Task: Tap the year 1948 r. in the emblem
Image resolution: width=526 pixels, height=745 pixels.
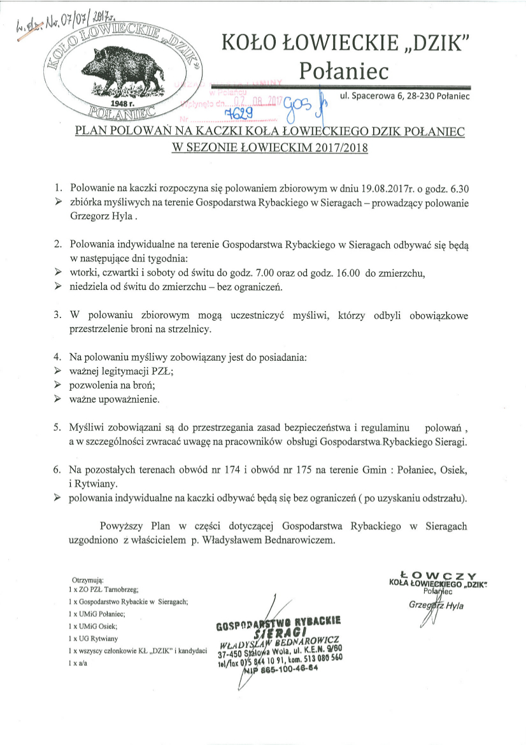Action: tap(120, 102)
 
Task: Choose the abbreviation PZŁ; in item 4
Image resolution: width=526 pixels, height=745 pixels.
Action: tap(160, 370)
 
